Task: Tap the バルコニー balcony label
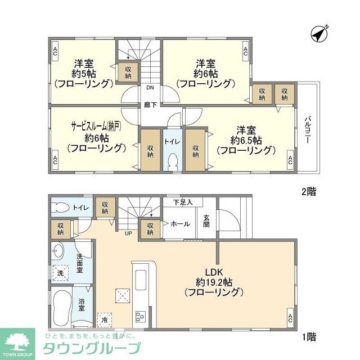click(x=308, y=130)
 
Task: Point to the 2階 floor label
click(x=308, y=191)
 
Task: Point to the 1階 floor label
click(x=308, y=337)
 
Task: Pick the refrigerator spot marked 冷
click(x=105, y=320)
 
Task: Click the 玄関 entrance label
click(x=206, y=221)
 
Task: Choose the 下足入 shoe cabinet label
click(x=183, y=201)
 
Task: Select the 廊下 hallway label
click(x=150, y=105)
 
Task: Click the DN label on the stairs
click(x=150, y=88)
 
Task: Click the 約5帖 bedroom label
click(x=84, y=73)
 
